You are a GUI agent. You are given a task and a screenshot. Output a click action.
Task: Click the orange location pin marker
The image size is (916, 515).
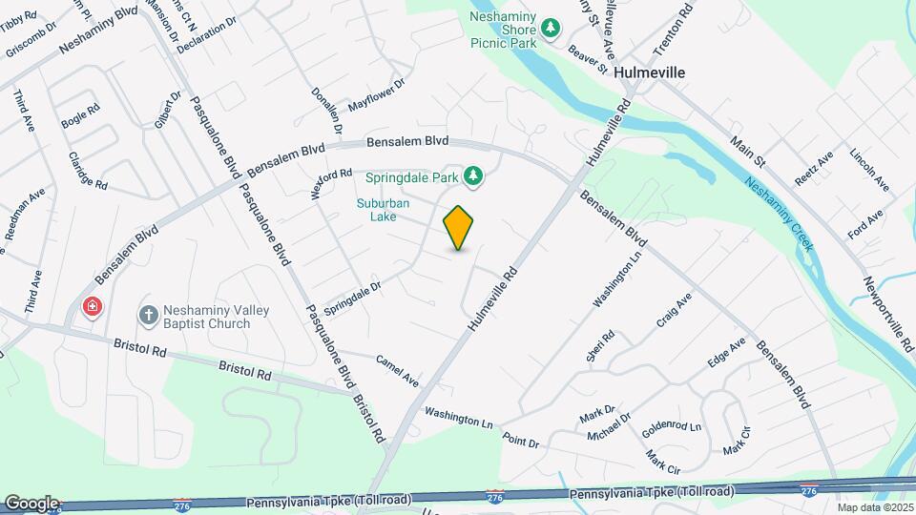tap(459, 228)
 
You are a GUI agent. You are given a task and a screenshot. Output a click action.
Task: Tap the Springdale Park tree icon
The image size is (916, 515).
tap(472, 175)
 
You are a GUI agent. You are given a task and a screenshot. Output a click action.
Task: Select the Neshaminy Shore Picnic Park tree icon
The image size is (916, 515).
tap(550, 30)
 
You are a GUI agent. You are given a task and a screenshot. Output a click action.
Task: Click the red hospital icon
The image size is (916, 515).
tap(92, 307)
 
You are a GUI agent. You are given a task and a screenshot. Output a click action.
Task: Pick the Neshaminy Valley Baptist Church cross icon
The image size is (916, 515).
tap(148, 314)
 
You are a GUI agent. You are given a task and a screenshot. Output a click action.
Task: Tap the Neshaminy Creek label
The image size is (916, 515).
tap(780, 216)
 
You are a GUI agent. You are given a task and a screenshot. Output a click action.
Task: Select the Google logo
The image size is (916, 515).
tap(31, 503)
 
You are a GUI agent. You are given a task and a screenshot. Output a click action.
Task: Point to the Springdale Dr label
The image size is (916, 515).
tap(352, 299)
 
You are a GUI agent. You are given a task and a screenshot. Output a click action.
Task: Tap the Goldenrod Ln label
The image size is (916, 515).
tap(671, 429)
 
